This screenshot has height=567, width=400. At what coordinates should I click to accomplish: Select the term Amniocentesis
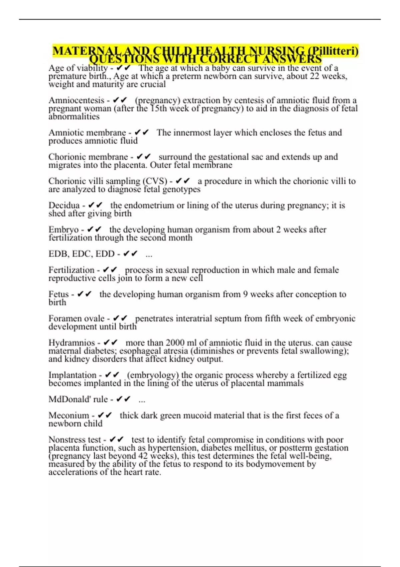click(x=76, y=100)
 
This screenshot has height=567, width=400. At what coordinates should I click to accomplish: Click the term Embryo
click(x=64, y=230)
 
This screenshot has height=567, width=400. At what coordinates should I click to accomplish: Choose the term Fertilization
click(x=71, y=270)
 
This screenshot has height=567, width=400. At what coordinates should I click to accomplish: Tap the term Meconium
click(x=69, y=416)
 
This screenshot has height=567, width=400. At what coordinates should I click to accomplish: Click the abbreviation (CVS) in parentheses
click(x=155, y=181)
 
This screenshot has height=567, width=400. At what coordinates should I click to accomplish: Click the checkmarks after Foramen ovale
click(x=120, y=319)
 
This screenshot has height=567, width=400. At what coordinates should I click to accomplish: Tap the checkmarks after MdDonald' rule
click(x=123, y=399)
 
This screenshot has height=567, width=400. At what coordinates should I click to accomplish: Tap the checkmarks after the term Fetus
click(x=84, y=295)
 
